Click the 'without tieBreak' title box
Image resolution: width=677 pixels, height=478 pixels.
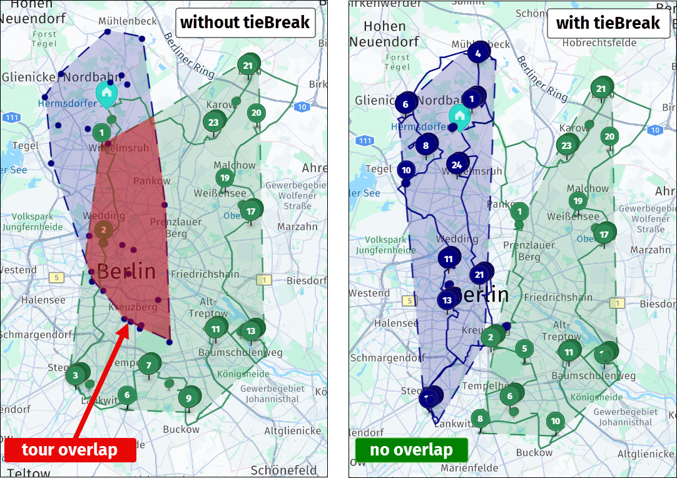[x=245, y=24]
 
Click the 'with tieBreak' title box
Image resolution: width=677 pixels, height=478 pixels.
[x=608, y=24]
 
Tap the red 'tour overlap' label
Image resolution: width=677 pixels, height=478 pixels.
[x=69, y=450]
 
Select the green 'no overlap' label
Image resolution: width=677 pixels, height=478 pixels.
[x=411, y=450]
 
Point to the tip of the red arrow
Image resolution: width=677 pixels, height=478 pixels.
[x=128, y=323]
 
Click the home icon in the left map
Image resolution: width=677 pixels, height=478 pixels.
[x=106, y=93]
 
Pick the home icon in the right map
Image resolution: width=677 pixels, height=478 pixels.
[x=460, y=115]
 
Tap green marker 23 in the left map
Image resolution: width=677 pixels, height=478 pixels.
[x=213, y=123]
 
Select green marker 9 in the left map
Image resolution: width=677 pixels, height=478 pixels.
[x=188, y=398]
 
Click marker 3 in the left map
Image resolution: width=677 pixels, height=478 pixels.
[x=75, y=375]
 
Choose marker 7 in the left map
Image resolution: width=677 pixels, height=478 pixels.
[x=148, y=365]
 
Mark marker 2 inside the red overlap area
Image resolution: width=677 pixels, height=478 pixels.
[x=103, y=230]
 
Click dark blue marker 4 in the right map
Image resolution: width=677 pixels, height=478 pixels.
[x=478, y=54]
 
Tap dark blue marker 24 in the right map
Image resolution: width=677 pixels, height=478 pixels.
[x=457, y=165]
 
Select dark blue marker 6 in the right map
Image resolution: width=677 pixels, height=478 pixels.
[x=405, y=104]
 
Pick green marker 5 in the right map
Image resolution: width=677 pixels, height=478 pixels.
[x=525, y=349]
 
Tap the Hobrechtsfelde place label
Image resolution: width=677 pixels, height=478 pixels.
[x=599, y=43]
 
